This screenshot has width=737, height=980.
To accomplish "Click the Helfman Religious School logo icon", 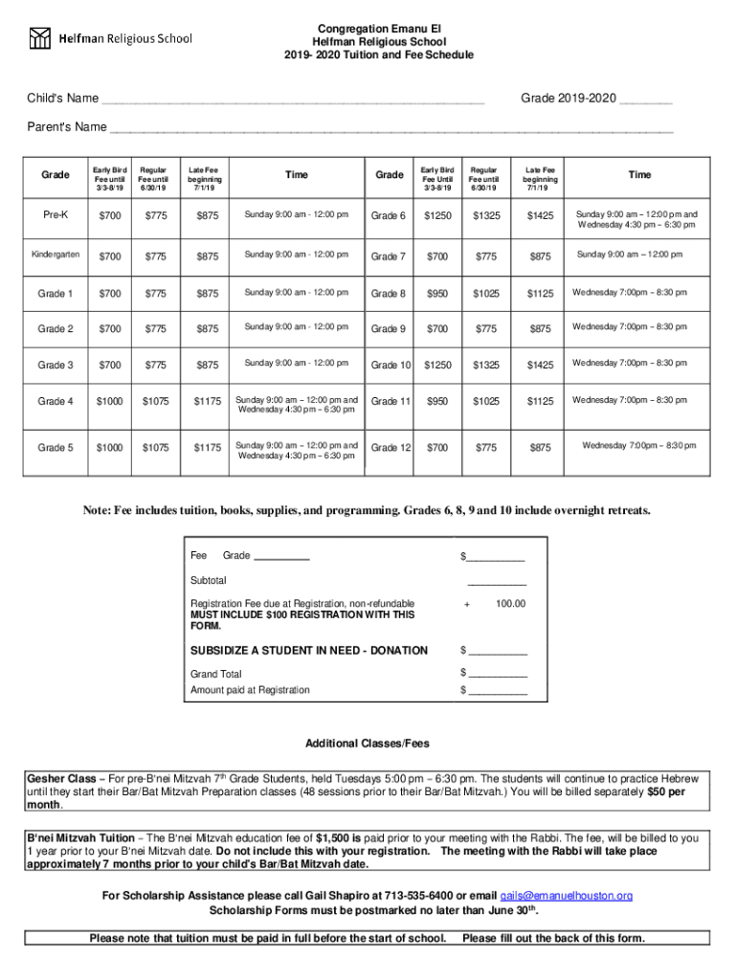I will [x=39, y=38].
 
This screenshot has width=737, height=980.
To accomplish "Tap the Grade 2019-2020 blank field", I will [x=645, y=100].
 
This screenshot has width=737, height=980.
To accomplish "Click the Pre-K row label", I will [x=56, y=216].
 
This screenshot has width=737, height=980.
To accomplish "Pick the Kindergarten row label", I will [x=56, y=256].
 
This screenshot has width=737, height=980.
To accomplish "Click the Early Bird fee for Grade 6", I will [x=438, y=216].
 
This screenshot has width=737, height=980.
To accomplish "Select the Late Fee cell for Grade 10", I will [x=540, y=365].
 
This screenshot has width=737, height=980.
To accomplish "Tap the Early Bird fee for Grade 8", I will [x=438, y=293].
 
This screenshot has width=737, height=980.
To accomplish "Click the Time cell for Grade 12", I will [x=639, y=445].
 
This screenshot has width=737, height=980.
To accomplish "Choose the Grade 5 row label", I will [x=56, y=447].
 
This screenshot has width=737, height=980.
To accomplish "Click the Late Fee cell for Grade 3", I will [x=206, y=365].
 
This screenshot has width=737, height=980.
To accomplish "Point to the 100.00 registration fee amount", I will [x=510, y=604].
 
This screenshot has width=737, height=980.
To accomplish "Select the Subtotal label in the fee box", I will [x=209, y=580].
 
